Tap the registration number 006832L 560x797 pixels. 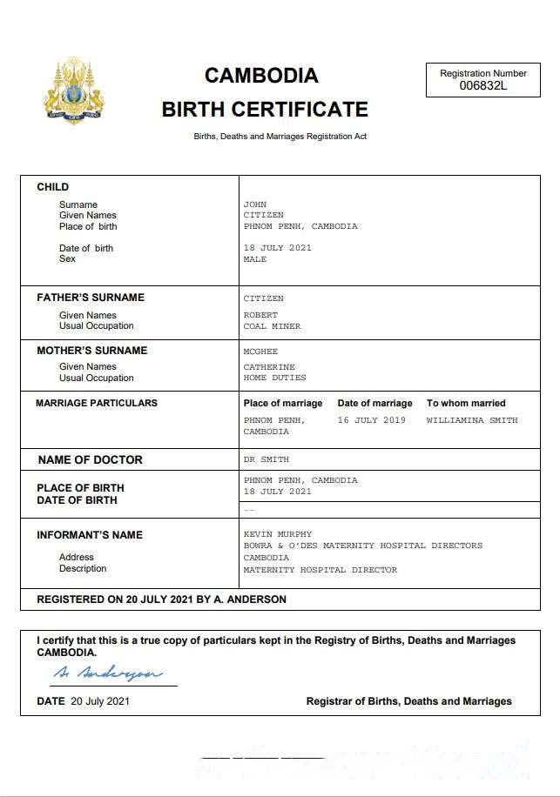click(482, 85)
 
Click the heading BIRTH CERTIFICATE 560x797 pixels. click(265, 110)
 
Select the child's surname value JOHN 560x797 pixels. click(254, 204)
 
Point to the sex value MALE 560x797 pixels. click(255, 259)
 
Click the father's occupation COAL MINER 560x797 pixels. click(272, 326)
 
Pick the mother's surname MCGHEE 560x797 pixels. click(260, 352)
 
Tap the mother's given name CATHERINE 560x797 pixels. click(269, 367)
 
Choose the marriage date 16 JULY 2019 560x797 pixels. click(371, 420)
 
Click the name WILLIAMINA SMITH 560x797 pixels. click(472, 420)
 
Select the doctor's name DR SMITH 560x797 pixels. click(266, 459)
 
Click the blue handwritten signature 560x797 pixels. click(107, 673)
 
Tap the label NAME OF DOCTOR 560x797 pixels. click(90, 459)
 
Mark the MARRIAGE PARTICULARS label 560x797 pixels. click(97, 403)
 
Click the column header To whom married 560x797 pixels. click(466, 403)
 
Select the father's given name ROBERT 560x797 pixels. click(260, 315)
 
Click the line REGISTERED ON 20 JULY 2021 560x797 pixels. click(161, 599)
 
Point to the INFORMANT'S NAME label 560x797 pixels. click(89, 535)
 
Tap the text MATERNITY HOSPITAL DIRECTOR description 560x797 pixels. click(320, 570)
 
